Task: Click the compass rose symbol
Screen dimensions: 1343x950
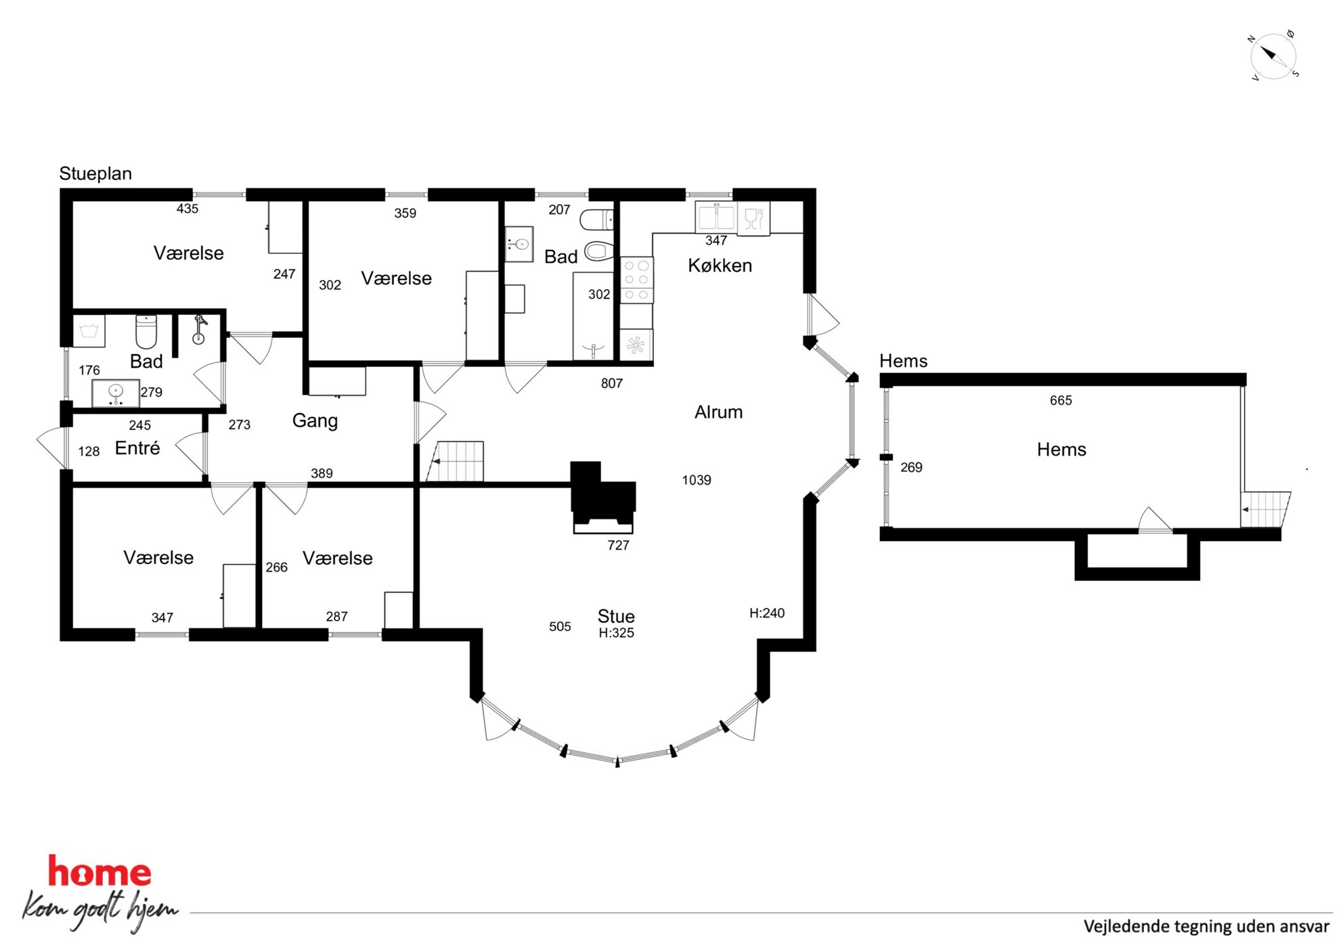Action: point(1273,56)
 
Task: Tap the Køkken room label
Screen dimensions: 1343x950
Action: point(720,265)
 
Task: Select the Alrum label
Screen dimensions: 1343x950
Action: point(718,412)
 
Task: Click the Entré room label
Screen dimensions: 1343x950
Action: point(137,448)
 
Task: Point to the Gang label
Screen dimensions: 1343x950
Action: point(315,420)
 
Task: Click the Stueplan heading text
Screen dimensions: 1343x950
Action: point(95,173)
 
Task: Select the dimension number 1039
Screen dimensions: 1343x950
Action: point(697,480)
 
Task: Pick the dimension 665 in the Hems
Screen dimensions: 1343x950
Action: point(1061,400)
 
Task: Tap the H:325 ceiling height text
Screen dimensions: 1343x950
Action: point(616,633)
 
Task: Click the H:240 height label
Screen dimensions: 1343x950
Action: point(767,613)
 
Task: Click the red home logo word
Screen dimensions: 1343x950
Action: point(100,871)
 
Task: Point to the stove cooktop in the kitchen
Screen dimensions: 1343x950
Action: point(636,279)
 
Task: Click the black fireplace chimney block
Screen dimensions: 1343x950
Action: point(602,492)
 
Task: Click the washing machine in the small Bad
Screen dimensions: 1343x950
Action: point(89,331)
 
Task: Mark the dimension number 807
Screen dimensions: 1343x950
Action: point(612,383)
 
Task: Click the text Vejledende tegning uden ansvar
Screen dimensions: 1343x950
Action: point(1206,926)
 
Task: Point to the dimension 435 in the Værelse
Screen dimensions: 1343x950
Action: point(188,209)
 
